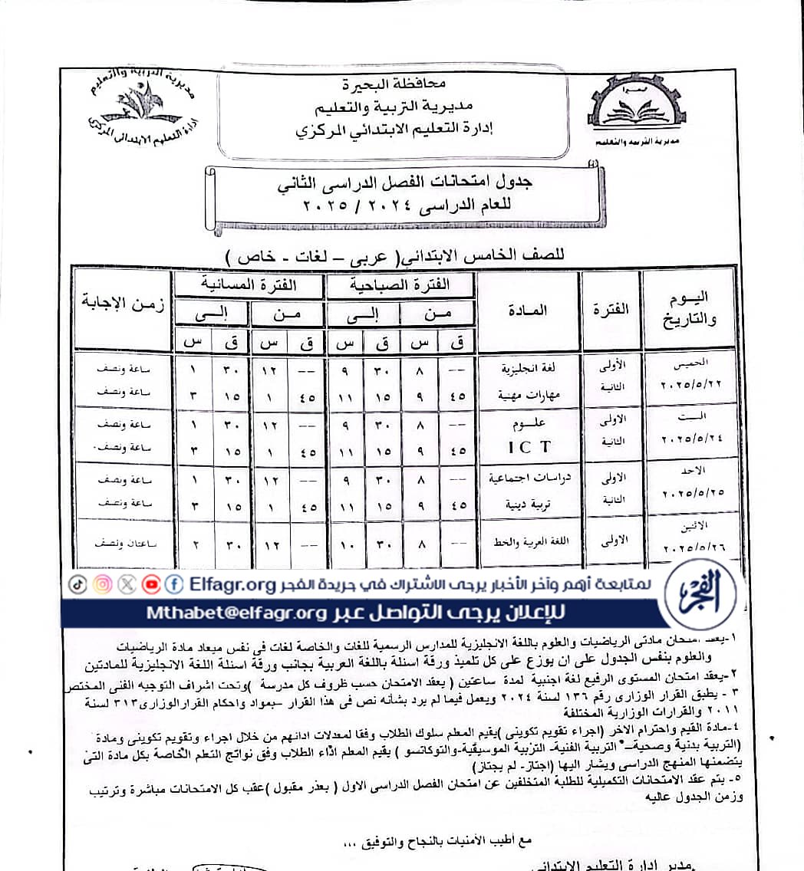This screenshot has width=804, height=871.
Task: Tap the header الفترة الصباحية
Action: pyautogui.click(x=400, y=284)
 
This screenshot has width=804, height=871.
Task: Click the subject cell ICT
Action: pyautogui.click(x=527, y=442)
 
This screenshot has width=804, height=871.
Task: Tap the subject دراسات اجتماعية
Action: pyautogui.click(x=527, y=478)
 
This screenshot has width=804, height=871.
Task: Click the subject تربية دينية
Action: pyautogui.click(x=527, y=506)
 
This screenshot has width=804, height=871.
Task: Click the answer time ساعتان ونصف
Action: pyautogui.click(x=120, y=543)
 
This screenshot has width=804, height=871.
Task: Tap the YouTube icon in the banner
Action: pyautogui.click(x=151, y=584)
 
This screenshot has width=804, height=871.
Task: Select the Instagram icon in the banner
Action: pyautogui.click(x=102, y=584)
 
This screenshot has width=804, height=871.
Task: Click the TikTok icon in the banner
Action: pyautogui.click(x=78, y=584)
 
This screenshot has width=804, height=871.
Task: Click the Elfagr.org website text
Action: pyautogui.click(x=232, y=585)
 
